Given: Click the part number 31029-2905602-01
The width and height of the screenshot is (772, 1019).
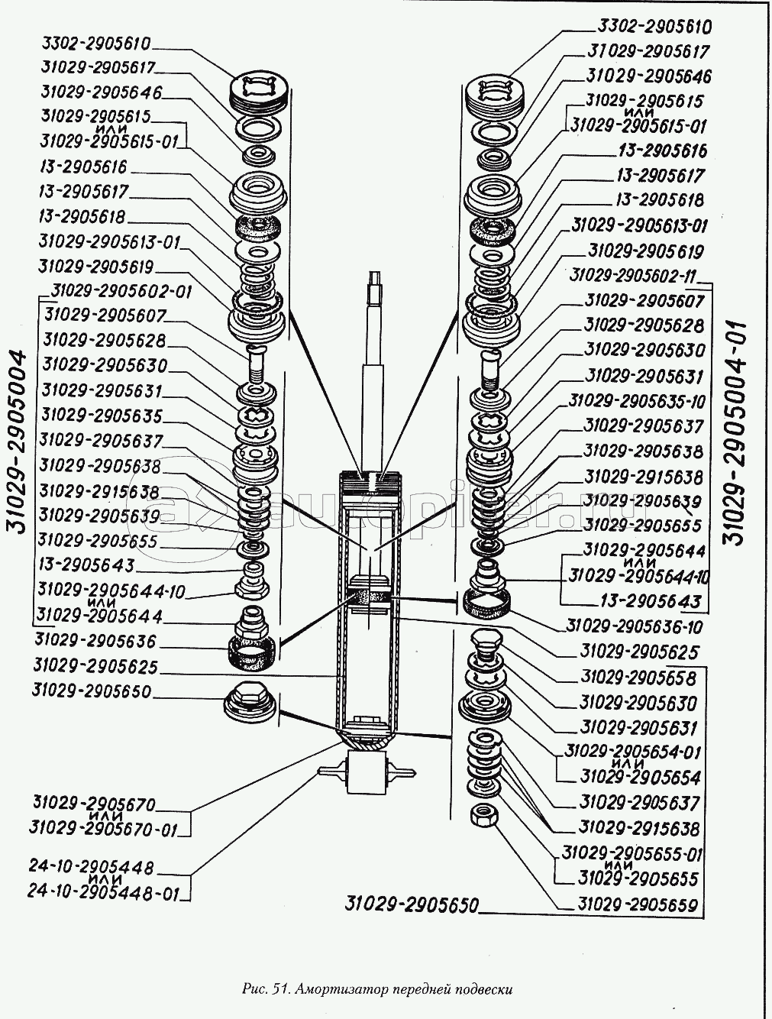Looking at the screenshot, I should [122, 291].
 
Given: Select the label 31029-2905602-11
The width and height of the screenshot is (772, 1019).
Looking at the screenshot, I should [635, 276].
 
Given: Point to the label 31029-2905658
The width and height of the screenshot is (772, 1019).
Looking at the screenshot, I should [638, 678].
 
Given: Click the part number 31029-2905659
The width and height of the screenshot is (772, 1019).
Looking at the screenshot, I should [638, 905].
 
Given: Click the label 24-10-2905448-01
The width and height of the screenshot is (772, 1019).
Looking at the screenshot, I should [101, 891].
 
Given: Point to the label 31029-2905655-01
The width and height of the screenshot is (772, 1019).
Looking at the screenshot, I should [632, 853].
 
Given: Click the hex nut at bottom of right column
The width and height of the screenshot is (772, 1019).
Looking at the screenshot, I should [483, 814].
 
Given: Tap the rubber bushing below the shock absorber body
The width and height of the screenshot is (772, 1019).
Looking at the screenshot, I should [366, 772].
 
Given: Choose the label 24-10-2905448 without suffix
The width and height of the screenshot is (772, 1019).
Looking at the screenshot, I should [92, 867].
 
